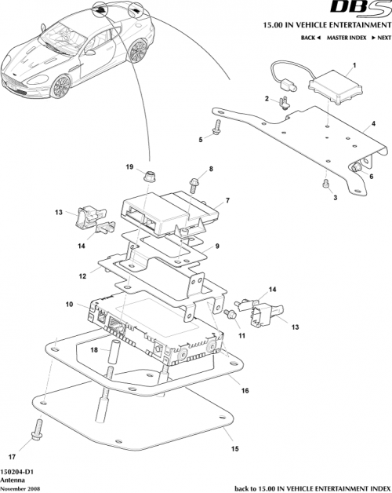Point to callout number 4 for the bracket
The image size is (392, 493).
(374, 123)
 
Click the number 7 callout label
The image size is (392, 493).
(227, 202)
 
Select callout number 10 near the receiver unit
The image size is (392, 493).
(71, 305)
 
